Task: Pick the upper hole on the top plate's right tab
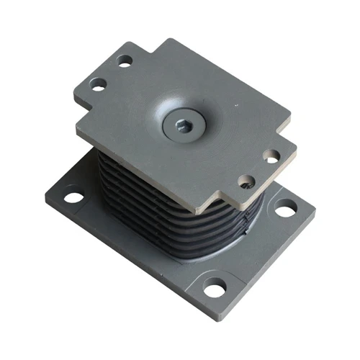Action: (x=271, y=156)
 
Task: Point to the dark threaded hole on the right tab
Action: (x=247, y=180)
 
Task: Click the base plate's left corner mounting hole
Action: (x=73, y=195)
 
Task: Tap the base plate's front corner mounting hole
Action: (x=215, y=289)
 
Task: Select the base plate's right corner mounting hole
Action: (x=286, y=210)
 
